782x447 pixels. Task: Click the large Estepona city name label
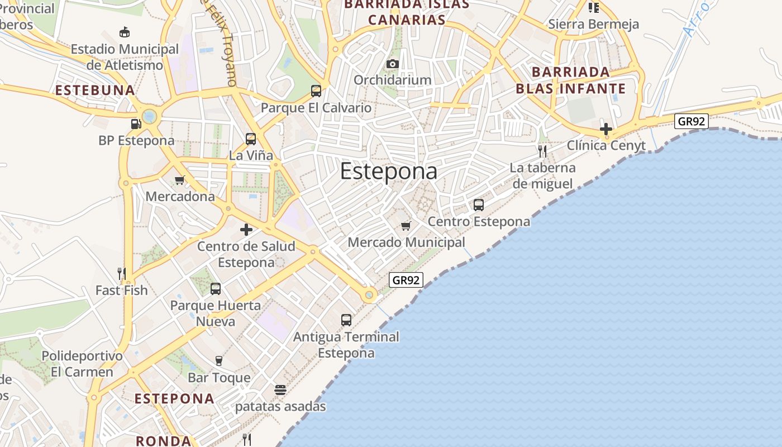(389, 171)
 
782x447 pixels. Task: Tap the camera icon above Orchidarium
(393, 64)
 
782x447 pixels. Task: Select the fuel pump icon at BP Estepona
(136, 123)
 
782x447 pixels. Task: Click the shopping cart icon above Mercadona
(180, 180)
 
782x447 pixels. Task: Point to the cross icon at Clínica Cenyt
(606, 129)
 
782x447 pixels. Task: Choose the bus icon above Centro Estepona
(479, 205)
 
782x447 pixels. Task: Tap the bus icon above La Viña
(251, 139)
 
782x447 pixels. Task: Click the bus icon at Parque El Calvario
(316, 91)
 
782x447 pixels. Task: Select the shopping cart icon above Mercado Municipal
(406, 226)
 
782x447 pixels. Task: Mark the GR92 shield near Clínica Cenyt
(692, 121)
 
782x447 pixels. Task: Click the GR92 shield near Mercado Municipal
(406, 280)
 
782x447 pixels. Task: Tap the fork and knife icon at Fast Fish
(122, 273)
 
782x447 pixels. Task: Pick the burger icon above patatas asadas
(280, 389)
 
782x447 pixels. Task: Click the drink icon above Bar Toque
(219, 361)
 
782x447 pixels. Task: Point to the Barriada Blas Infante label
(570, 80)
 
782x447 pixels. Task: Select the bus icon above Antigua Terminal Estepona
(346, 320)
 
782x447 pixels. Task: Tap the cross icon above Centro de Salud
(246, 230)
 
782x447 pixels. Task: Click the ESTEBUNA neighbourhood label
(95, 90)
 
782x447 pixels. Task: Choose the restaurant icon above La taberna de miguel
(542, 151)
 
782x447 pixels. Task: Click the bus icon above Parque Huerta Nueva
(216, 289)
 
